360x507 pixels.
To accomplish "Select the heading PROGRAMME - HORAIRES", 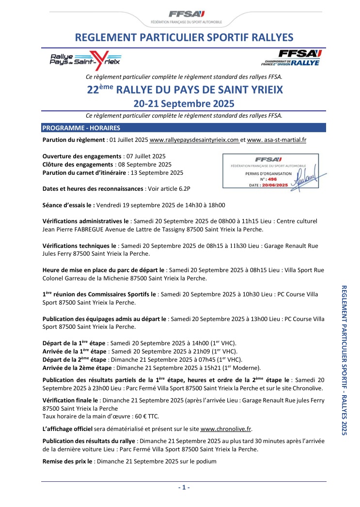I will (81, 128).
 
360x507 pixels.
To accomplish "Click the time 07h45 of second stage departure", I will (199, 359).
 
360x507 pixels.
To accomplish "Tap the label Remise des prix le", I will (68, 461).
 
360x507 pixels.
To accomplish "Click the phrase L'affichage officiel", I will (69, 429).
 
